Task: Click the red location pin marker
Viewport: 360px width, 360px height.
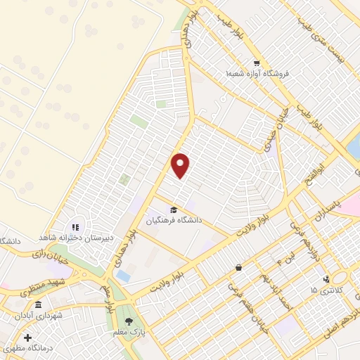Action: click(181, 165)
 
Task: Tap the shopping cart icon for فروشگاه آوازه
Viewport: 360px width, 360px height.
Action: click(259, 62)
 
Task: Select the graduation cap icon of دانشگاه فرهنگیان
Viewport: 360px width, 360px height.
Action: click(173, 209)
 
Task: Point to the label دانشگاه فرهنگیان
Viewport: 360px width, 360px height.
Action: click(174, 220)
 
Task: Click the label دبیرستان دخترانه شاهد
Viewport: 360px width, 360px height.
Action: click(77, 238)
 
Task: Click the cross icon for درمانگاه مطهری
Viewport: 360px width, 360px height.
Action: click(27, 337)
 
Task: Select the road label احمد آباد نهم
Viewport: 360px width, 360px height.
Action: click(274, 289)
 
